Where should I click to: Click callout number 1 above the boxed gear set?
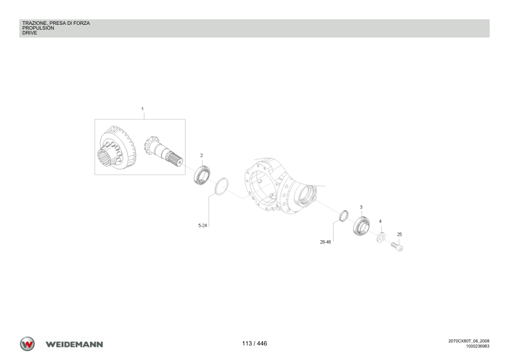pyautogui.click(x=142, y=109)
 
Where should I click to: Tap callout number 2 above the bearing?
pyautogui.click(x=201, y=155)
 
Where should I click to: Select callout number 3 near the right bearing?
pyautogui.click(x=361, y=207)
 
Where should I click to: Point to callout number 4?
pyautogui.click(x=380, y=221)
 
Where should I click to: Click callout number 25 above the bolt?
pyautogui.click(x=399, y=234)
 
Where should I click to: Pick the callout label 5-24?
pyautogui.click(x=203, y=226)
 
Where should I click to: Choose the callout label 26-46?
pyautogui.click(x=325, y=242)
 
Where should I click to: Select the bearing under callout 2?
pyautogui.click(x=203, y=176)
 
